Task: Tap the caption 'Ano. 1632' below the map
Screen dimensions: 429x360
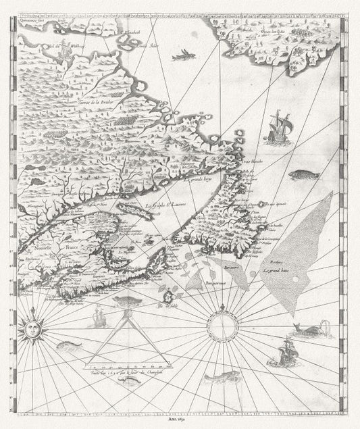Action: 179,419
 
